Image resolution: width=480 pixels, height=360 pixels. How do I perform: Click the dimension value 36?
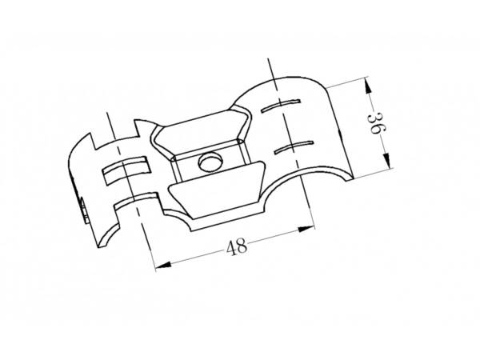[376, 123]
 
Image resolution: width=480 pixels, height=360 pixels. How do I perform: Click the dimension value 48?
[236, 246]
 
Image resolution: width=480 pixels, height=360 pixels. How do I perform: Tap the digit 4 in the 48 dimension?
[231, 248]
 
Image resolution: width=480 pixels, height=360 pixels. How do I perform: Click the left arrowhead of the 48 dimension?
[163, 266]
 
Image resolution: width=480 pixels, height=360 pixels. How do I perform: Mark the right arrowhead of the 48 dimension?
[306, 229]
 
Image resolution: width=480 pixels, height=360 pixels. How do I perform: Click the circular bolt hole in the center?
[210, 162]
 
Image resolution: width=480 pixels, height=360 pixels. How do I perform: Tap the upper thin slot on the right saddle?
[281, 106]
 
